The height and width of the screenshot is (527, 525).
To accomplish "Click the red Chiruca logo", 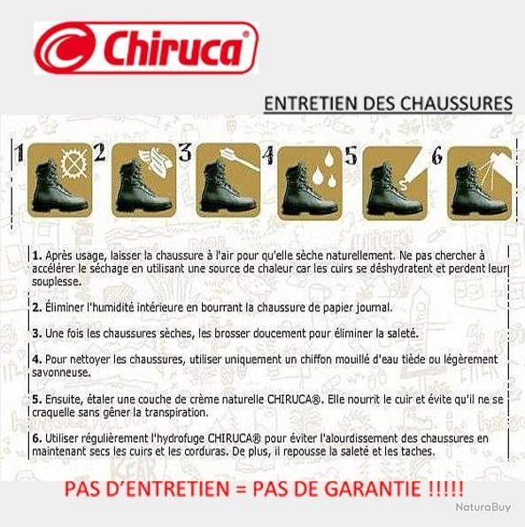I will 146,47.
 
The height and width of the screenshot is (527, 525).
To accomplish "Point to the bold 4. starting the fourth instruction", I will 36,359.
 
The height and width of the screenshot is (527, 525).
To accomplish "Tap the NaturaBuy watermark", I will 483,508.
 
